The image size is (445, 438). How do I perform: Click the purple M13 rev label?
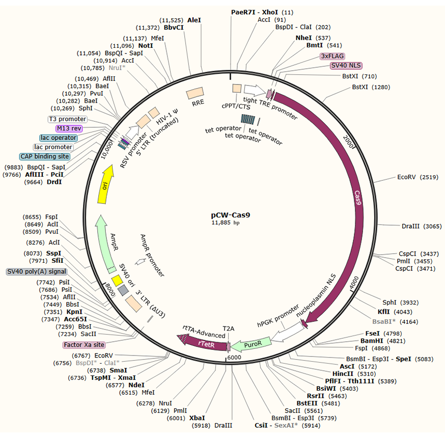(x=69, y=128)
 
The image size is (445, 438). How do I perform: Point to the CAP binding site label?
(x=44, y=156)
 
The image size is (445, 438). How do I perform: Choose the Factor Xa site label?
(x=84, y=345)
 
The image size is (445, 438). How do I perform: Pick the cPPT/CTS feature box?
(x=237, y=89)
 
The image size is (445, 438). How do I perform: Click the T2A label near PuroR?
(x=229, y=329)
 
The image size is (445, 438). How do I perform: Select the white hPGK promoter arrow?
(x=285, y=333)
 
